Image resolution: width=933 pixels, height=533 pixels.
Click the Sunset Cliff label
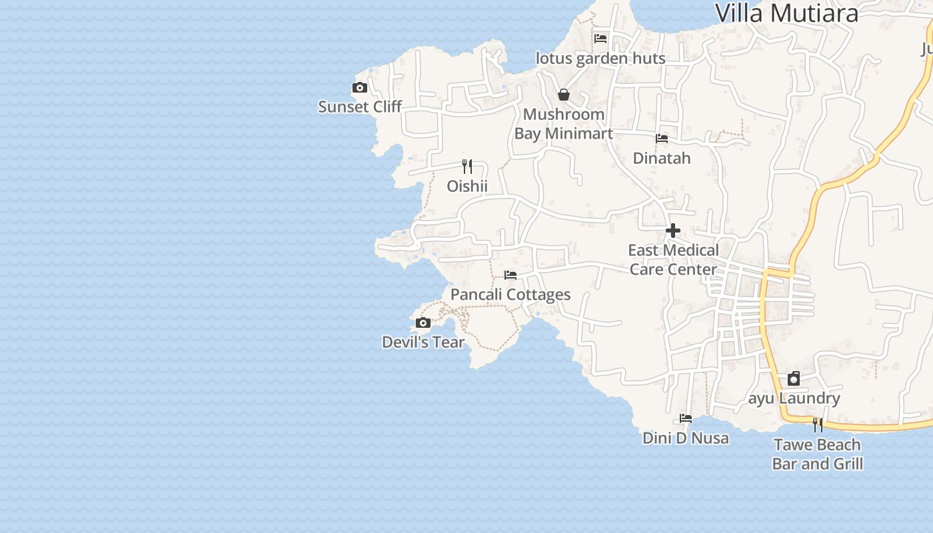point(360,107)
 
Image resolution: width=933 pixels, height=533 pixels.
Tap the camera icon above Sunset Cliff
point(360,87)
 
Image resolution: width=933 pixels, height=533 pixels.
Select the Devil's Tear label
point(423,342)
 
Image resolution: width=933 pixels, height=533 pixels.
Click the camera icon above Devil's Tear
point(423,323)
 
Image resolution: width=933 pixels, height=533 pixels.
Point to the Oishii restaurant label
point(467,186)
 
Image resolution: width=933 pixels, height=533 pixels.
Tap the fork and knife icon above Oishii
point(468,167)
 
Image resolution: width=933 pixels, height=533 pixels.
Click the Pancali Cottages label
point(510,294)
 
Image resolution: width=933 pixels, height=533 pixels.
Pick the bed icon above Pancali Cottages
point(510,274)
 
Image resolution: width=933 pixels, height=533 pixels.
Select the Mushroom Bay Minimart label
point(563,124)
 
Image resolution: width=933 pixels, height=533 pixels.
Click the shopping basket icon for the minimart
point(564,95)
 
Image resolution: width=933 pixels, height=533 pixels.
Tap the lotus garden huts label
point(600,59)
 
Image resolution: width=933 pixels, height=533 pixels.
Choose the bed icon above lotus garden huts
point(600,39)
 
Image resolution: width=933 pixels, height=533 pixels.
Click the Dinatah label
point(662,158)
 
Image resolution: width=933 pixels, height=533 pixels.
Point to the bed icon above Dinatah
point(662,139)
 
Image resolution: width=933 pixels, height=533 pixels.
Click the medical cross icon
point(673,231)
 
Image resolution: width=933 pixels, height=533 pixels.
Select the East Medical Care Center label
point(673,260)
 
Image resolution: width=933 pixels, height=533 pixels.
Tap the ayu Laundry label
point(794,398)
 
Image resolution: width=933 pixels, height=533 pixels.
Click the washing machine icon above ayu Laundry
point(794,378)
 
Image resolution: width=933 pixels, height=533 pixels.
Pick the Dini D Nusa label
point(686,438)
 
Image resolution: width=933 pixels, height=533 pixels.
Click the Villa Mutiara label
point(786,13)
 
